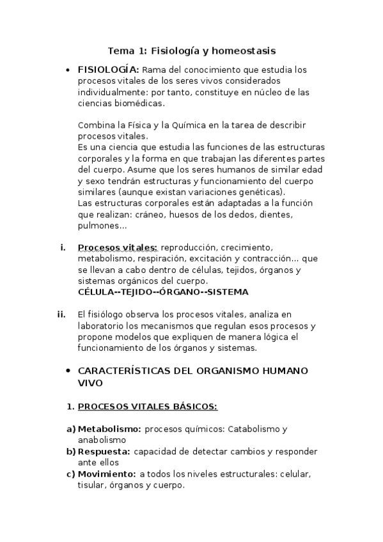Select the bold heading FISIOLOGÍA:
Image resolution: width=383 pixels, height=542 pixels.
107,70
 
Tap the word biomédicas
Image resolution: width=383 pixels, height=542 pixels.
138,103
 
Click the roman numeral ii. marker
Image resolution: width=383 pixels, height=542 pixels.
62,314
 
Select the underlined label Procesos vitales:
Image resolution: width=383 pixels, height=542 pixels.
118,247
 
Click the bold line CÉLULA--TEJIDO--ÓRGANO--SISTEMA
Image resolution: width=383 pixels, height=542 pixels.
162,291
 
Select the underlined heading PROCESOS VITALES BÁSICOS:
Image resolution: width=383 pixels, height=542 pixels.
147,406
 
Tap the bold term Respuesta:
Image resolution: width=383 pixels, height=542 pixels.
104,451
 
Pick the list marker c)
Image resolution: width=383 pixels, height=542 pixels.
70,474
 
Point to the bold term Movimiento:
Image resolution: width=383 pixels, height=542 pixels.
107,474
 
